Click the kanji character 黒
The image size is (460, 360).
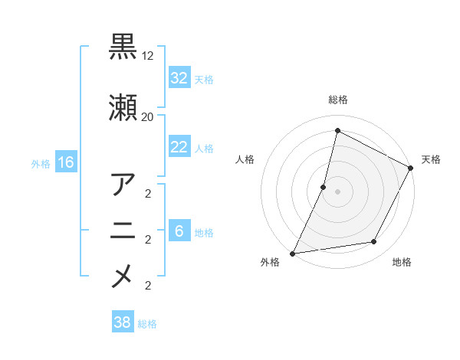[123, 47]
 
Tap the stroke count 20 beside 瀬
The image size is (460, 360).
[148, 116]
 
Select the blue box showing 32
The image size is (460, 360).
[179, 78]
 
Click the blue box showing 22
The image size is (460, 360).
[179, 147]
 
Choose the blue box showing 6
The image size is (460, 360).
[179, 231]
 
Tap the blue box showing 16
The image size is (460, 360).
[65, 162]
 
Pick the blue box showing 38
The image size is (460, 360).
[123, 323]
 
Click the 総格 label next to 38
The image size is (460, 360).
[147, 324]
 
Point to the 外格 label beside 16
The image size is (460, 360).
[41, 163]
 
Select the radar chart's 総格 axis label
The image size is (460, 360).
[338, 100]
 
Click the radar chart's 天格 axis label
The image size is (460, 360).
[431, 159]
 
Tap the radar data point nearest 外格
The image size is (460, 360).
[292, 254]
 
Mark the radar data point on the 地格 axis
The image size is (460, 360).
[374, 242]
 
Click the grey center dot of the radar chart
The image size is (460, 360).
[337, 191]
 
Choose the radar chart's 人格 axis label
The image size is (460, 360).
[245, 159]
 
